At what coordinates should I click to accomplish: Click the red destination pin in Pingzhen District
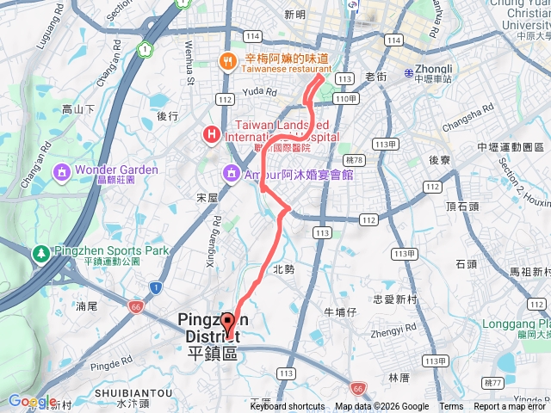(x=228, y=324)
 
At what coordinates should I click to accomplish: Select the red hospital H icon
(x=209, y=135)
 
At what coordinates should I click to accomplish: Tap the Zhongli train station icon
(x=409, y=72)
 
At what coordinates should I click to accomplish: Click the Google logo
(x=32, y=401)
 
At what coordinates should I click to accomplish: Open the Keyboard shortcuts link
(x=288, y=407)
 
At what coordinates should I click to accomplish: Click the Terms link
(x=451, y=407)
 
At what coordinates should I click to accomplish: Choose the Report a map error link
(x=511, y=407)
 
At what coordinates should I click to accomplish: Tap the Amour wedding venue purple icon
(x=232, y=173)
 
